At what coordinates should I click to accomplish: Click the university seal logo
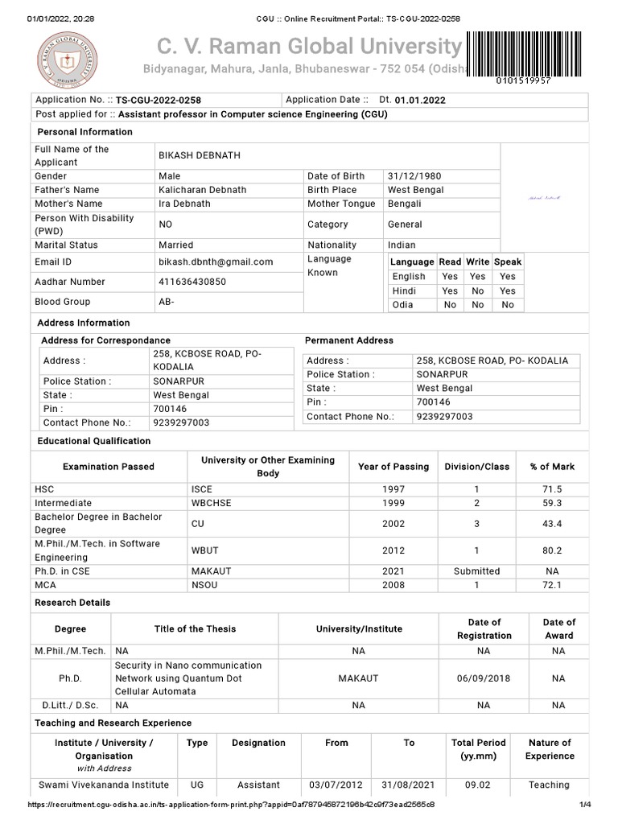pyautogui.click(x=66, y=59)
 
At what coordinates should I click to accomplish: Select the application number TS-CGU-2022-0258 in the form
pyautogui.click(x=159, y=101)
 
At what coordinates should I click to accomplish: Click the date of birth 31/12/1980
pyautogui.click(x=414, y=176)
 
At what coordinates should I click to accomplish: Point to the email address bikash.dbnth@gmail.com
pyautogui.click(x=216, y=262)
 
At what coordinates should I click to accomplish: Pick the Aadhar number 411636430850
pyautogui.click(x=192, y=282)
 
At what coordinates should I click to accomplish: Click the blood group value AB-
pyautogui.click(x=167, y=303)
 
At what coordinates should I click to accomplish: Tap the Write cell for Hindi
pyautogui.click(x=478, y=291)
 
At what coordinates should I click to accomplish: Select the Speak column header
pyautogui.click(x=508, y=262)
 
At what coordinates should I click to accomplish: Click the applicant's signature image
pyautogui.click(x=545, y=198)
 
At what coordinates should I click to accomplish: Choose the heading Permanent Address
pyautogui.click(x=349, y=341)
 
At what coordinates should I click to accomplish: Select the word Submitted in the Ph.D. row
pyautogui.click(x=477, y=571)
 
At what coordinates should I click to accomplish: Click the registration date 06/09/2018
pyautogui.click(x=484, y=679)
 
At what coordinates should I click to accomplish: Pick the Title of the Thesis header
pyautogui.click(x=196, y=629)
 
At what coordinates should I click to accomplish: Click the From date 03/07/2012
pyautogui.click(x=336, y=785)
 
